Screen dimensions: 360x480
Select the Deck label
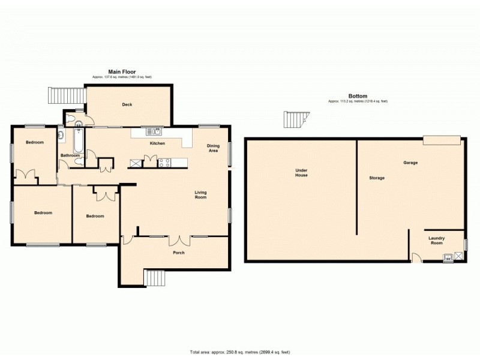(x=127, y=104)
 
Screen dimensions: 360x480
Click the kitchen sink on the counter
(x=154, y=131)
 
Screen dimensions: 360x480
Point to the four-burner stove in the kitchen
(x=165, y=161)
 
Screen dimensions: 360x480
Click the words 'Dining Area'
(x=213, y=148)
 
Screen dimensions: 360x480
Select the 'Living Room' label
(x=200, y=194)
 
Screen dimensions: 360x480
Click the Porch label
(x=178, y=253)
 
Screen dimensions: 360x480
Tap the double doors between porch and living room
(x=178, y=241)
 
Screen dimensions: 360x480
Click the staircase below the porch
(x=155, y=278)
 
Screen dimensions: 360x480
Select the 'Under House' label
(x=301, y=173)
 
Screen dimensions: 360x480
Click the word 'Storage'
(x=377, y=178)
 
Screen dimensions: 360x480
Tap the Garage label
(x=410, y=163)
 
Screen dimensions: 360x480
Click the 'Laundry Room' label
(x=436, y=241)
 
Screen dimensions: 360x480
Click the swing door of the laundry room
(x=416, y=258)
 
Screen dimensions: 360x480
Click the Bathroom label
(x=70, y=155)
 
